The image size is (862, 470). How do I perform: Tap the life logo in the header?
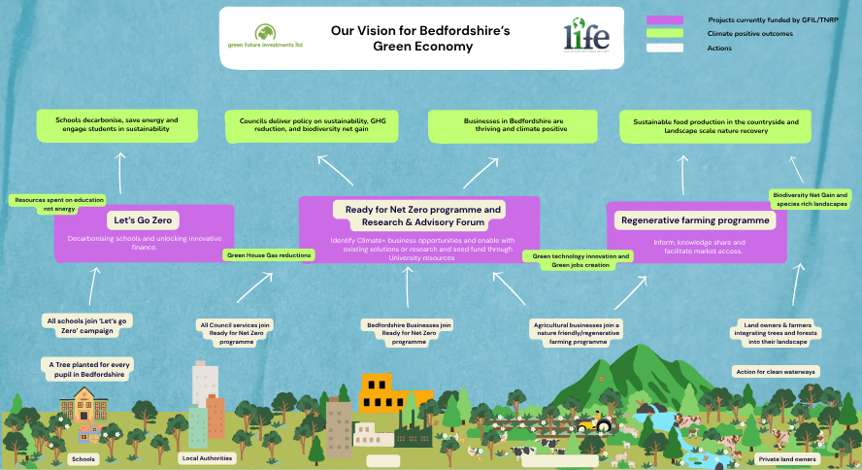(586, 36)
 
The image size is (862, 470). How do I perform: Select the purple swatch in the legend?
(664, 19)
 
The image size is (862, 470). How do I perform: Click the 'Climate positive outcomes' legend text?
(750, 33)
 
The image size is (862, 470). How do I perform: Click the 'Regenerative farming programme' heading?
(695, 220)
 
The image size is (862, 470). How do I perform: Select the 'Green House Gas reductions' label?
(269, 254)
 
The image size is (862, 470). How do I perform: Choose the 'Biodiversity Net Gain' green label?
(811, 199)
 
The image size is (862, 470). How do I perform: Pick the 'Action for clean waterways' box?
(775, 371)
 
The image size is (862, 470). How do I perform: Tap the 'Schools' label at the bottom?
(84, 458)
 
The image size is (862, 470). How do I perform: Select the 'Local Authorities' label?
(208, 457)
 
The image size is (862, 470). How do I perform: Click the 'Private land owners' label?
(786, 458)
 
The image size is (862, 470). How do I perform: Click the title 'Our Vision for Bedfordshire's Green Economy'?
(420, 39)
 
